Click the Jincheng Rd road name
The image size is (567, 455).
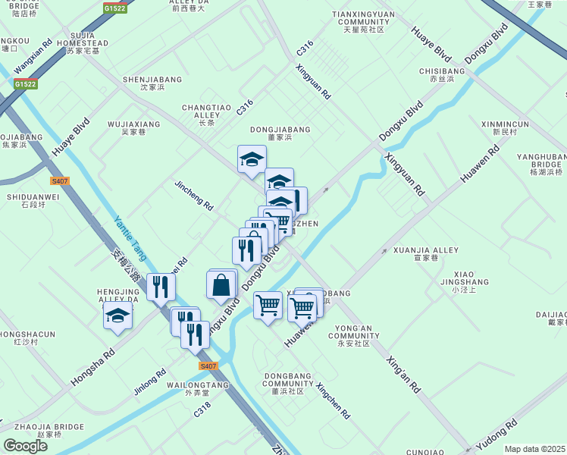coord(193,196)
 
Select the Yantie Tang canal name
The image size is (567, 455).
coord(130,238)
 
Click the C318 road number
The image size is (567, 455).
coord(201,409)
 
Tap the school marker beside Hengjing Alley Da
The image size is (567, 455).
coord(117,315)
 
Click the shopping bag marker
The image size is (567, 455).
coord(221,285)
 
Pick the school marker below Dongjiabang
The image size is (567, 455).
coord(252,158)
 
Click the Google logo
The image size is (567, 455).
coord(25,446)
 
